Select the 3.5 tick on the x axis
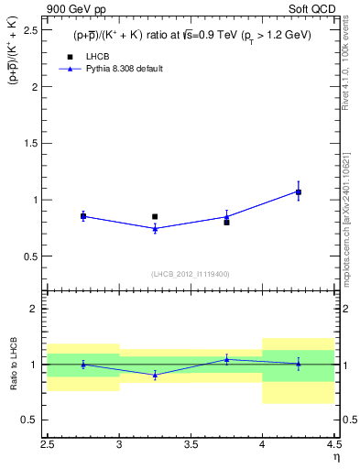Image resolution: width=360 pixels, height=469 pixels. [191, 446]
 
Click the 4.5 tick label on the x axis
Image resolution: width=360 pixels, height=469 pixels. [333, 446]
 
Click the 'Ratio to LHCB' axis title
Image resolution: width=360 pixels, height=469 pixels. [12, 364]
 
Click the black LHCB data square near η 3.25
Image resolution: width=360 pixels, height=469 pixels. [155, 216]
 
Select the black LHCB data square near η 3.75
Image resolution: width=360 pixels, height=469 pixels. [226, 222]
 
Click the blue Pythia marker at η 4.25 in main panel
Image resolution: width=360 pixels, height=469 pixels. [298, 191]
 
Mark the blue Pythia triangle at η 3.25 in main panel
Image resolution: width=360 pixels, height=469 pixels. [155, 229]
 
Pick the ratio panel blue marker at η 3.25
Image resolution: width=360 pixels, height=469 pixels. [155, 375]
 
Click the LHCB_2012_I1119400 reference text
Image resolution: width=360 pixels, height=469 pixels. [191, 274]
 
